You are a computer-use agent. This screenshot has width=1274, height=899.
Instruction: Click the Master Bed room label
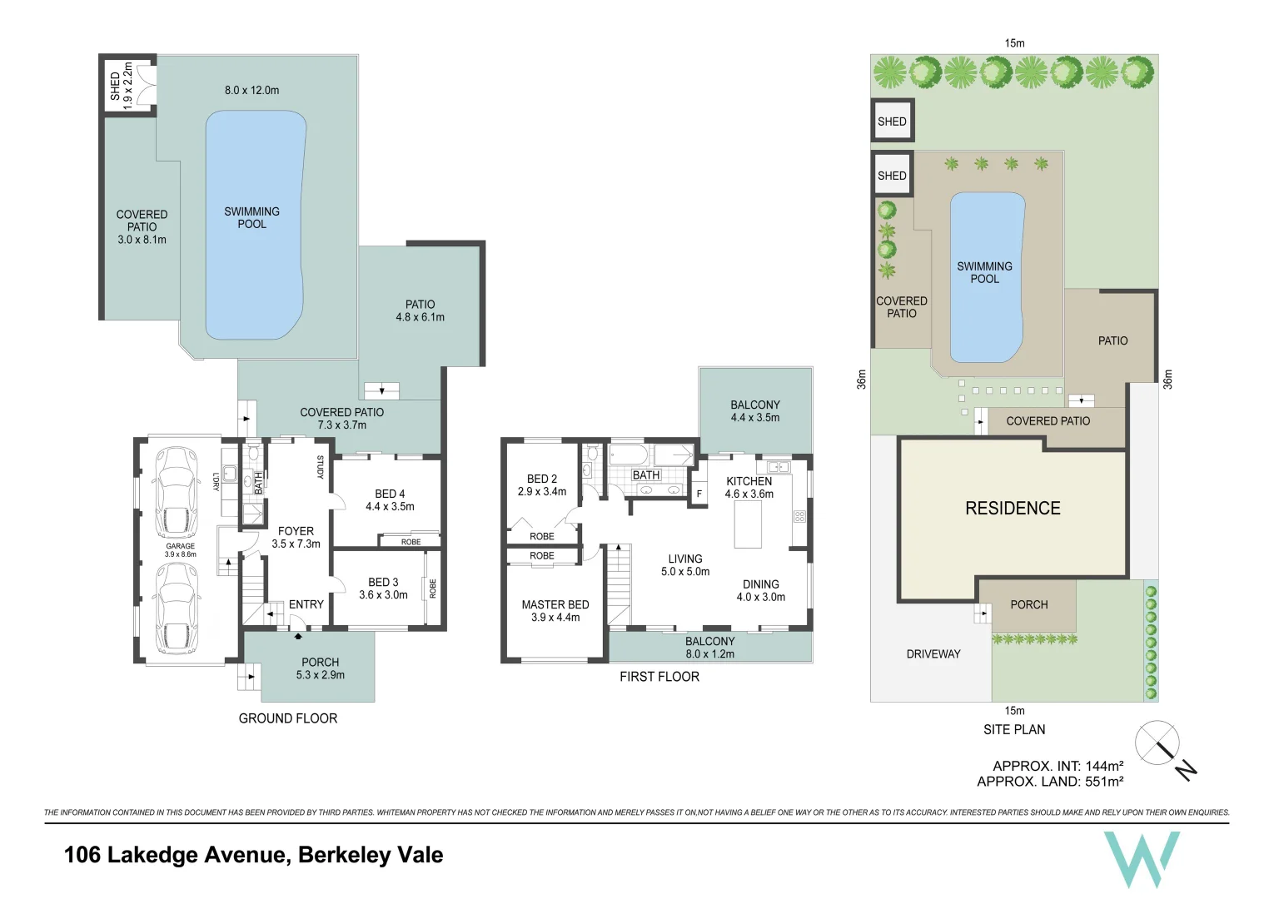pyautogui.click(x=555, y=605)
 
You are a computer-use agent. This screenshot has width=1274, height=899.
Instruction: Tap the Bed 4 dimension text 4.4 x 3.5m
pyautogui.click(x=390, y=506)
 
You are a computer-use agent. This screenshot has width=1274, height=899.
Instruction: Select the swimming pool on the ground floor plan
pyautogui.click(x=252, y=225)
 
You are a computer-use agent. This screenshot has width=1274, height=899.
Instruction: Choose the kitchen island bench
pyautogui.click(x=747, y=524)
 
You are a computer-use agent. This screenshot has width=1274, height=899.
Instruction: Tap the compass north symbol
pyautogui.click(x=1158, y=742)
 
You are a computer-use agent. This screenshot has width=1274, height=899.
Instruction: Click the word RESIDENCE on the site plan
pyautogui.click(x=1013, y=509)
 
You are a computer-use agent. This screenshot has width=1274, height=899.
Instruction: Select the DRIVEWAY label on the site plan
pyautogui.click(x=933, y=654)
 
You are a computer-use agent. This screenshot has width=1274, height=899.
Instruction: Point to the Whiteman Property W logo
pyautogui.click(x=1141, y=858)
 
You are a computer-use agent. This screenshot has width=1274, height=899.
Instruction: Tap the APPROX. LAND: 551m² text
pyautogui.click(x=1050, y=782)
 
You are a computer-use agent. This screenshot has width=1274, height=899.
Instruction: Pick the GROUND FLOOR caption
pyautogui.click(x=288, y=718)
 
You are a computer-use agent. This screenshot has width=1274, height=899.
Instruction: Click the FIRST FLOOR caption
pyautogui.click(x=659, y=677)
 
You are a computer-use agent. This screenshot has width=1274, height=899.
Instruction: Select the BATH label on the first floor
pyautogui.click(x=646, y=475)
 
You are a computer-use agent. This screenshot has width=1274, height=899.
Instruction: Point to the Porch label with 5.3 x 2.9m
pyautogui.click(x=321, y=668)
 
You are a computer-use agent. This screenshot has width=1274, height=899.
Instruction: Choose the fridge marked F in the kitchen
pyautogui.click(x=699, y=494)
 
